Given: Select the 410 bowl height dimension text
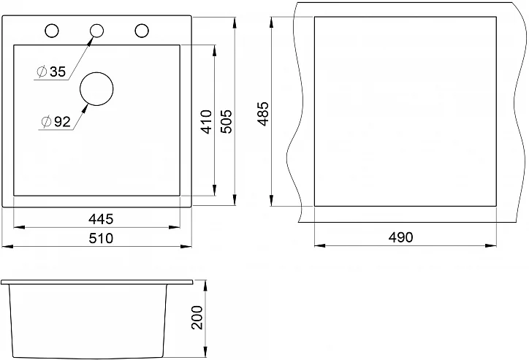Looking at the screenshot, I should [207, 120].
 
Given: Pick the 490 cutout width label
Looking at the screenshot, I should [400, 237].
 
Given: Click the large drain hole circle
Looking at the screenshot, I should [96, 89].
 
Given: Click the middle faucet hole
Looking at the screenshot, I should [96, 31].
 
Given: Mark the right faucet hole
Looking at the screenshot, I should [140, 31].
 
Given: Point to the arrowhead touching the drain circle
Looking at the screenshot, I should [85, 107].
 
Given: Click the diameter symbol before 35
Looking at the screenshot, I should [42, 71].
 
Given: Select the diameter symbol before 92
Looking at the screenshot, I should [45, 122].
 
